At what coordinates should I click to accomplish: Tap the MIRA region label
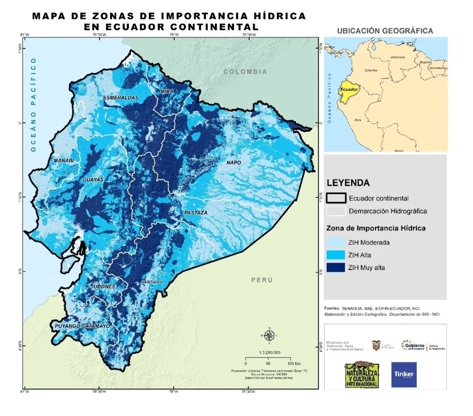(x=167, y=92)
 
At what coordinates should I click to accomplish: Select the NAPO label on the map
(x=233, y=163)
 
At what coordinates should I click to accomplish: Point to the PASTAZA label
(x=196, y=213)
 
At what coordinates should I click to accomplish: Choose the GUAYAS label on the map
(x=93, y=179)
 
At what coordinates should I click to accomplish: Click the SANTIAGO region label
(x=152, y=282)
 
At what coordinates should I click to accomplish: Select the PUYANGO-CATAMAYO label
(x=82, y=326)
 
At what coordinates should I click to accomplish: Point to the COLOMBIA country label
(x=245, y=72)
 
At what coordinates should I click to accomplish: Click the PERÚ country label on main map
(x=262, y=280)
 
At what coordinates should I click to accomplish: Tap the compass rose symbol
(x=270, y=335)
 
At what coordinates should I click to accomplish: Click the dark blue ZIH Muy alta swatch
(x=336, y=267)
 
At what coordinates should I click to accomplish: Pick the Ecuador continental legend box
(x=336, y=198)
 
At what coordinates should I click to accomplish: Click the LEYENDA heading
(x=348, y=183)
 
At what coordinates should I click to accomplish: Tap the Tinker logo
(x=403, y=374)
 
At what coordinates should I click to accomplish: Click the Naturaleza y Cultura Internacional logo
(x=362, y=374)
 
